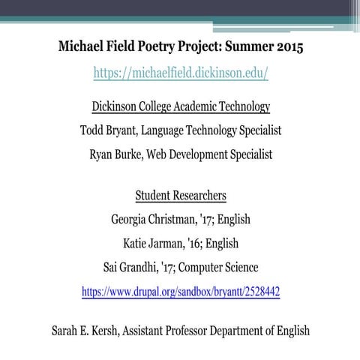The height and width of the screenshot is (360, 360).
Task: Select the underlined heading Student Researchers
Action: [x=180, y=196]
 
